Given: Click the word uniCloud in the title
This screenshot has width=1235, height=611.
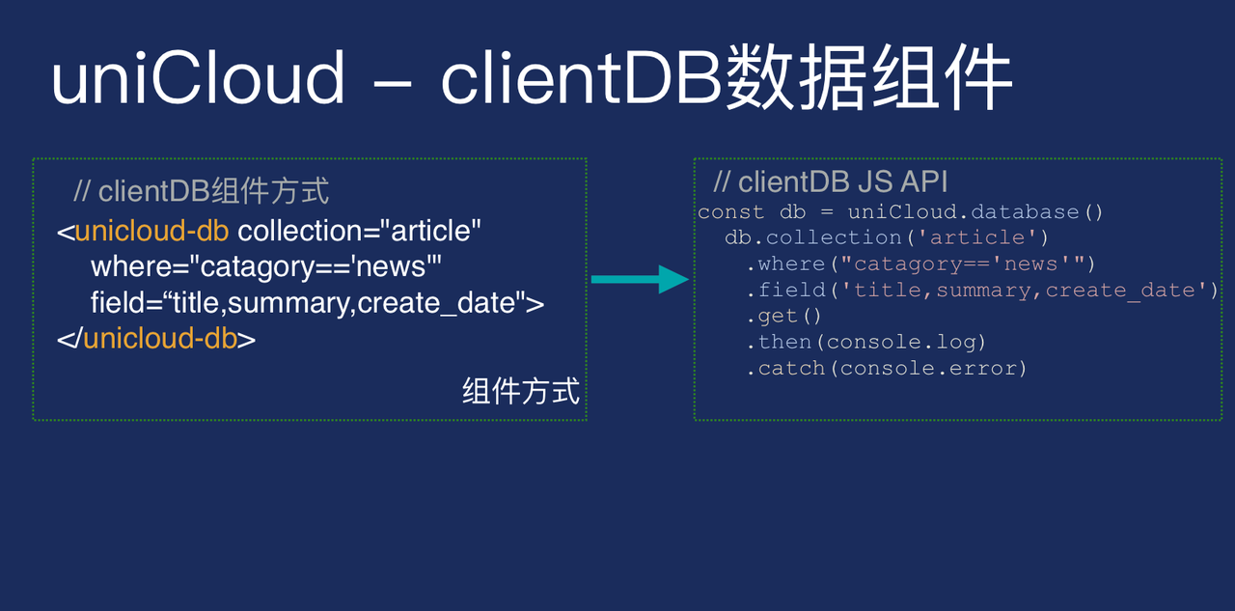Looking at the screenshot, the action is tap(199, 77).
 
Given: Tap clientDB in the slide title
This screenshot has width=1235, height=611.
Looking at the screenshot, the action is tap(582, 77).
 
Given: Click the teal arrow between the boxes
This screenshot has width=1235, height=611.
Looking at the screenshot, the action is tap(640, 279).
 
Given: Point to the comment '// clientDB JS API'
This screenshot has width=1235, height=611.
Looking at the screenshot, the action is tap(831, 182).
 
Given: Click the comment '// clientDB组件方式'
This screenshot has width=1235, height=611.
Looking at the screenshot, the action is tap(202, 191).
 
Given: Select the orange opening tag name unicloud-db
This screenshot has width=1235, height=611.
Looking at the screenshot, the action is tap(152, 231).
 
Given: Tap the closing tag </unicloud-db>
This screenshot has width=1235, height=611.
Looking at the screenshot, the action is tap(156, 338).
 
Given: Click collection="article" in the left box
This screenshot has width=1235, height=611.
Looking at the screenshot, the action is tap(359, 231).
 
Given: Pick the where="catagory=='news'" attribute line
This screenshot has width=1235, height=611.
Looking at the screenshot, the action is tap(265, 267).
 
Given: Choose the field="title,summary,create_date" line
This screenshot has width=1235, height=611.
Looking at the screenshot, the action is tap(317, 303).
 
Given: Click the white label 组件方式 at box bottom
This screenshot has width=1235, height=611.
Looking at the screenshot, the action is tap(521, 391).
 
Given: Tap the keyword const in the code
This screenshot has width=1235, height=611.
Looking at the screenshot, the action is tap(730, 211).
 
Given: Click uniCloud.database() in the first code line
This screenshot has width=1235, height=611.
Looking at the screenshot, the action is tap(975, 211).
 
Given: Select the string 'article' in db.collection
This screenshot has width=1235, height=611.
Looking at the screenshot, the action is tap(977, 237).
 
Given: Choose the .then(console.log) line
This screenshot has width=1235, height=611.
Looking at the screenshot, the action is tap(866, 342).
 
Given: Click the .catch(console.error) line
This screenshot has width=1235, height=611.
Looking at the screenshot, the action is tap(887, 368).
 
